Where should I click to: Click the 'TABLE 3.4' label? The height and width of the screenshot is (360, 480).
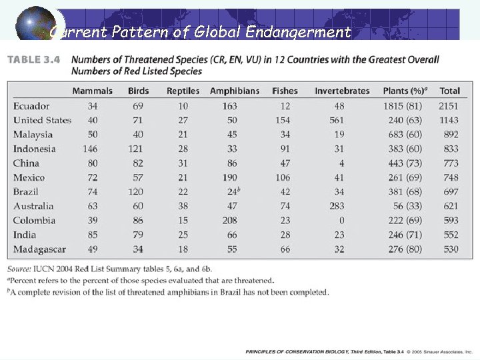[x=34, y=59]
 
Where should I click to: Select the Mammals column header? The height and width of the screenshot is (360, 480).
[x=92, y=91]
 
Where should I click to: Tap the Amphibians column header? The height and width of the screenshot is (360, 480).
[x=234, y=91]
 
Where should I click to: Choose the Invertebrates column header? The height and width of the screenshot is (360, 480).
[x=341, y=91]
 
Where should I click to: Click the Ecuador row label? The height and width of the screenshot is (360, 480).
[x=31, y=106]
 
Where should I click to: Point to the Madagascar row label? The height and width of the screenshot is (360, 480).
[x=39, y=249]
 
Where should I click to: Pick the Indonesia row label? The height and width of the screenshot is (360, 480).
[x=34, y=149]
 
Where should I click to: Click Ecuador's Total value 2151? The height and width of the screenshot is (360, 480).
[x=449, y=106]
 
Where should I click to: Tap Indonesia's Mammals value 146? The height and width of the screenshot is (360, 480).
[x=90, y=149]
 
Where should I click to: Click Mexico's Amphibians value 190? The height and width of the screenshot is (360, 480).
[x=229, y=177]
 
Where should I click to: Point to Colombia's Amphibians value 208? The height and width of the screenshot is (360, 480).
[x=229, y=221]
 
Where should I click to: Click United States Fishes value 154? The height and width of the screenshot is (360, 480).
[x=283, y=120]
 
